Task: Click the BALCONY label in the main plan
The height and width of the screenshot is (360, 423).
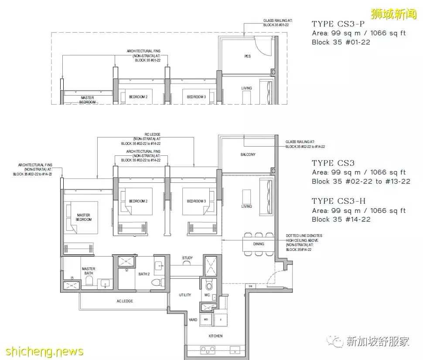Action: tap(248, 154)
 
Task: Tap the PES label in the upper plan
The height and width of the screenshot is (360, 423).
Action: tap(247, 56)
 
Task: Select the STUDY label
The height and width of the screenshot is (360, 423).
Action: tap(188, 258)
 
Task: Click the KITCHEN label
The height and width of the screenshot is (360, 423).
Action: tap(215, 336)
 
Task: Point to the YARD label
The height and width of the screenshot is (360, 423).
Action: tap(193, 320)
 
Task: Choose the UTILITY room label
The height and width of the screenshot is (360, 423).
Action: tap(185, 295)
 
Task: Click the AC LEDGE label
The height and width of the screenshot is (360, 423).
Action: tap(125, 301)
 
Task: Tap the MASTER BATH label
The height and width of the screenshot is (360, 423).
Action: tap(89, 271)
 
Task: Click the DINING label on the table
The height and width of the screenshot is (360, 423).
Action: tap(259, 244)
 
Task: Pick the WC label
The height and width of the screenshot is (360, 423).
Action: tap(207, 295)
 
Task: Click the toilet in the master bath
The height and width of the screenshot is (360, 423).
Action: tap(89, 282)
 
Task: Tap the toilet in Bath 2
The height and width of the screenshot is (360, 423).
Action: tap(156, 283)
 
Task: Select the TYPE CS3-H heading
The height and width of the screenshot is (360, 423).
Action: tap(338, 201)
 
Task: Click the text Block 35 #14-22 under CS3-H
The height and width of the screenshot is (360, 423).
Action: tap(341, 219)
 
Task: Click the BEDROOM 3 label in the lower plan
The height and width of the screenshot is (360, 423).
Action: tap(196, 201)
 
